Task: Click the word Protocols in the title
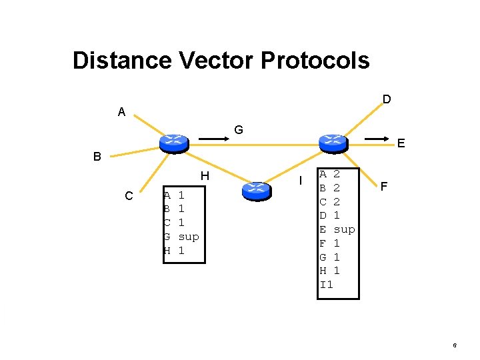click(x=315, y=61)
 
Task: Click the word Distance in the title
click(x=122, y=61)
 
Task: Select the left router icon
click(x=173, y=142)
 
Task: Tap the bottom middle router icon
click(x=255, y=190)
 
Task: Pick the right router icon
click(x=333, y=142)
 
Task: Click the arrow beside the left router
click(x=213, y=139)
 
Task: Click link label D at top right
click(x=387, y=99)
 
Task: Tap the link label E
click(x=401, y=143)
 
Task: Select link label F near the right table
click(x=385, y=187)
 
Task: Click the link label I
click(x=301, y=181)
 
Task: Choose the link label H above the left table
click(x=205, y=176)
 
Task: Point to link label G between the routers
click(x=238, y=129)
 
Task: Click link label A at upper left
click(x=121, y=112)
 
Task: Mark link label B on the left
click(x=97, y=157)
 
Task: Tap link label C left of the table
click(x=129, y=196)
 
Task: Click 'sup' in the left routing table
click(x=189, y=237)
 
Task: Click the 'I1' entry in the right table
click(x=327, y=285)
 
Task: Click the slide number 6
click(x=454, y=345)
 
